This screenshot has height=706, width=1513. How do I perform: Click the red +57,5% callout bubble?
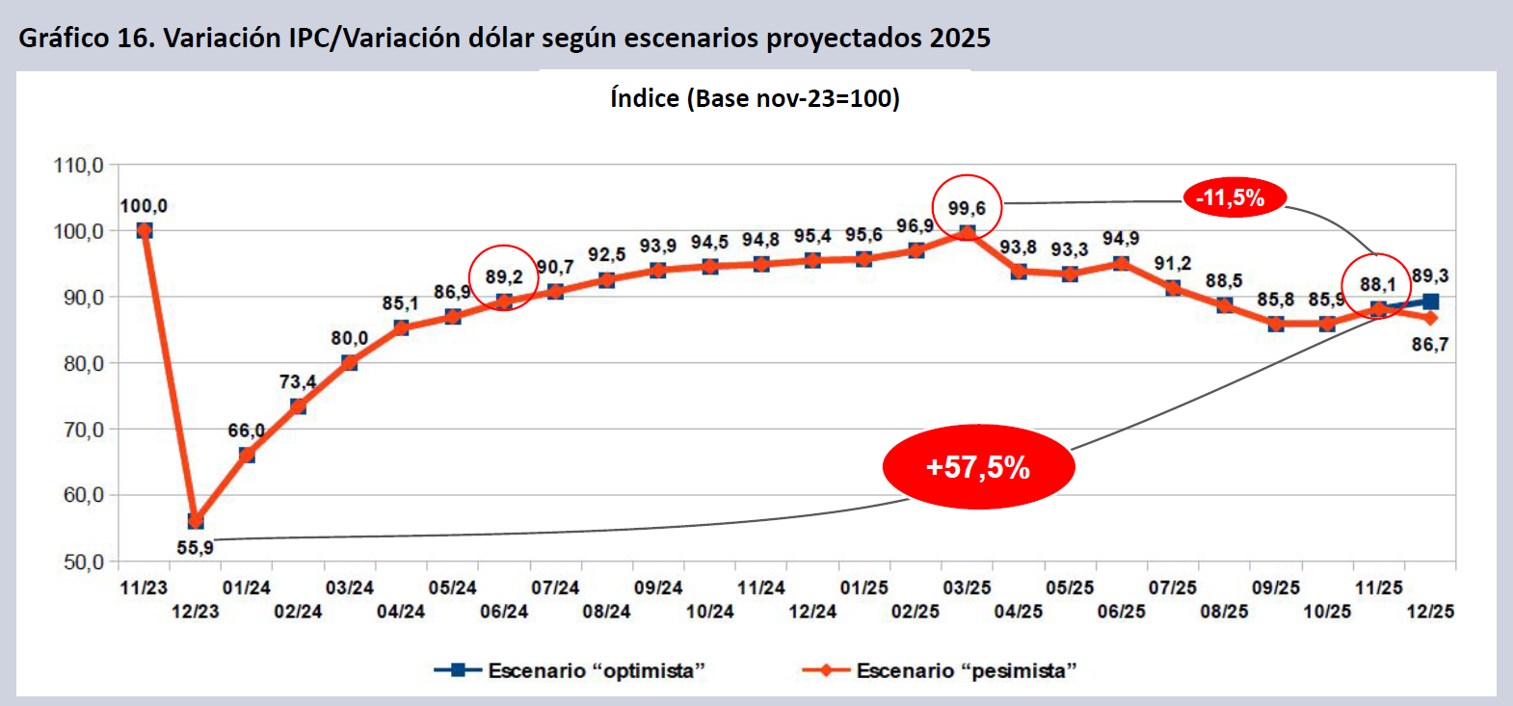pyautogui.click(x=978, y=467)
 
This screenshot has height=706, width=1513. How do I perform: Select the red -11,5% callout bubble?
pyautogui.click(x=1234, y=198)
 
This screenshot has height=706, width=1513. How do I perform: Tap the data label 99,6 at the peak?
pyautogui.click(x=967, y=208)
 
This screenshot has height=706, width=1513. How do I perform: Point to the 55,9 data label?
pyautogui.click(x=195, y=548)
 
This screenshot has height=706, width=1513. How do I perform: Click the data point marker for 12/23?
pyautogui.click(x=196, y=521)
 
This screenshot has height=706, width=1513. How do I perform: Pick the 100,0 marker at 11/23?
pyautogui.click(x=145, y=231)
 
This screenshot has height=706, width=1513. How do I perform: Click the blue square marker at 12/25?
pyautogui.click(x=1430, y=301)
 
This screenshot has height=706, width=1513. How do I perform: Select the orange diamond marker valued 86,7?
pyautogui.click(x=1430, y=318)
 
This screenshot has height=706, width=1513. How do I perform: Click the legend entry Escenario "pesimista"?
pyautogui.click(x=940, y=670)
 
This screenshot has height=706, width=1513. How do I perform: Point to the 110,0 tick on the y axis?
pyautogui.click(x=79, y=166)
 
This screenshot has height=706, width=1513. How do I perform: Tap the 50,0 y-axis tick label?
pyautogui.click(x=83, y=562)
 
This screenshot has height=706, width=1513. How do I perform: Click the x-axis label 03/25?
pyautogui.click(x=967, y=588)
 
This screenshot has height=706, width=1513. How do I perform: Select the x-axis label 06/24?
pyautogui.click(x=504, y=612)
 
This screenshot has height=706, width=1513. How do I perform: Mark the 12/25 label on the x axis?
pyautogui.click(x=1430, y=612)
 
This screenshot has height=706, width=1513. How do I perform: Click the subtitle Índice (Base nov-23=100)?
pyautogui.click(x=755, y=98)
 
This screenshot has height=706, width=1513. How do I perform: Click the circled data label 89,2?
pyautogui.click(x=503, y=277)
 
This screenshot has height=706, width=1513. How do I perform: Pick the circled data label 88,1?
pyautogui.click(x=1377, y=284)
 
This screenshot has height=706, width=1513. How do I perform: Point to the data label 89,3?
pyautogui.click(x=1430, y=276)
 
